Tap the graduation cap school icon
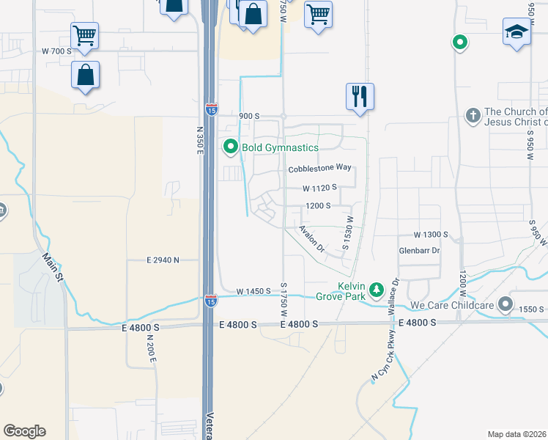coord(516,33)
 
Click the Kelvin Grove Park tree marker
coord(377,290)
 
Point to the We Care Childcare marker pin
coord(505,304)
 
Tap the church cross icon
coord(473,116)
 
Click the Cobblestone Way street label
coord(319,169)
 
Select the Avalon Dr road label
coord(312,238)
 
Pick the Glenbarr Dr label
coord(418,250)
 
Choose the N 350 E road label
coord(199,139)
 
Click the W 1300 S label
coord(430,235)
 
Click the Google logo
coord(24,431)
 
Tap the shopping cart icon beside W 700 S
coord(85,34)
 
